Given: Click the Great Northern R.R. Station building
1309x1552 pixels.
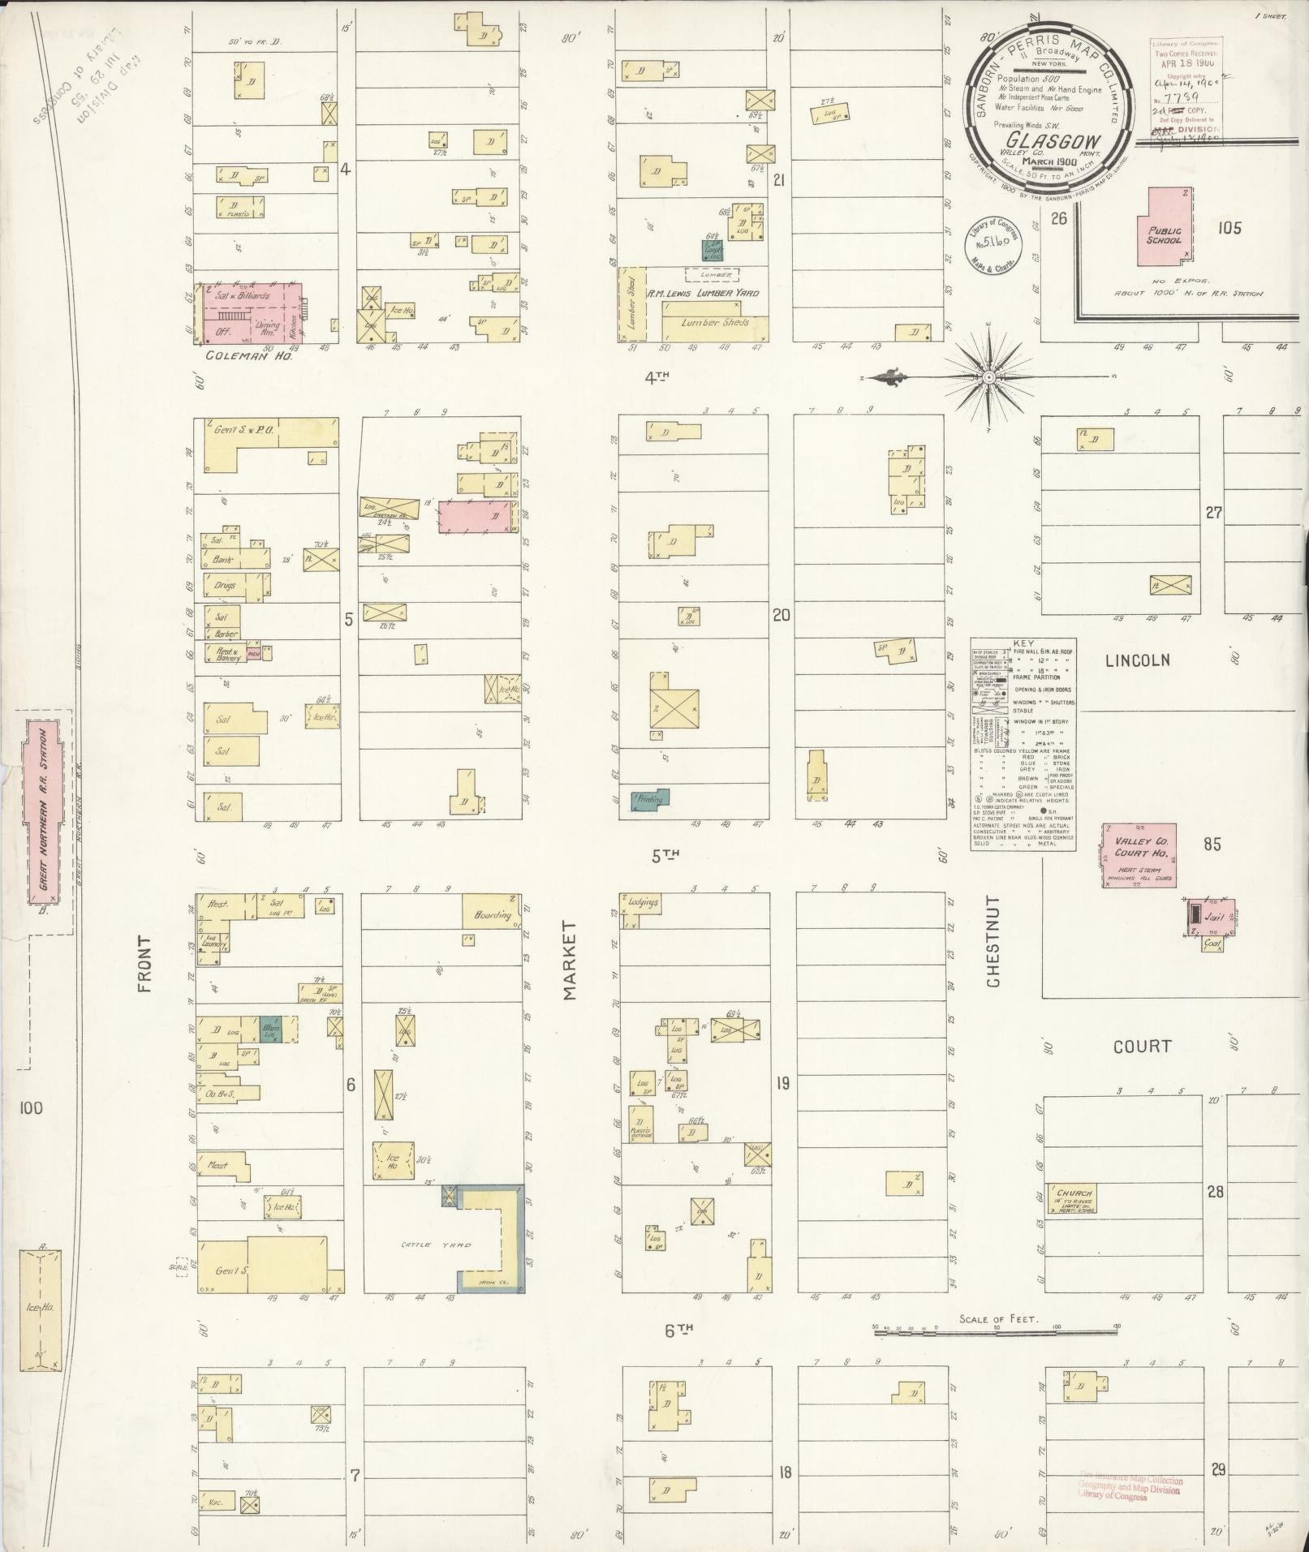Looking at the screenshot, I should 44,811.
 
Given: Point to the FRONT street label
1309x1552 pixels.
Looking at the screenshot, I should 144,964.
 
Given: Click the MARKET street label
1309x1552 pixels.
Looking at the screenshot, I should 569,960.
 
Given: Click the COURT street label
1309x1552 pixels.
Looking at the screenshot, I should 1142,1047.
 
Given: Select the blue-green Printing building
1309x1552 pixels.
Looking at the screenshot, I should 651,798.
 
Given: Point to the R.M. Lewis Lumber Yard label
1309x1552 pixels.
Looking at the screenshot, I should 702,292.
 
